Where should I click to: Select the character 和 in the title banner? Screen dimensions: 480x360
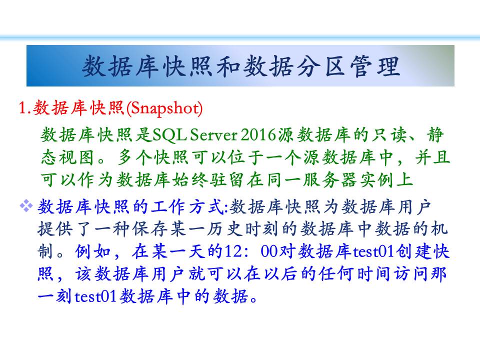pyautogui.click(x=229, y=66)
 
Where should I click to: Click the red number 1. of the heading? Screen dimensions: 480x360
pyautogui.click(x=25, y=108)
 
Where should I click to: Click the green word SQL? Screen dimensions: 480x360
pyautogui.click(x=169, y=134)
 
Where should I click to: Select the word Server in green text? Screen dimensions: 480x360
pyautogui.click(x=213, y=134)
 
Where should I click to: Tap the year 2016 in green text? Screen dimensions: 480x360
pyautogui.click(x=258, y=134)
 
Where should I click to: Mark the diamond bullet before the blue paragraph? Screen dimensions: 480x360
pyautogui.click(x=26, y=205)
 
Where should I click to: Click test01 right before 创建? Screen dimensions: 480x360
pyautogui.click(x=373, y=251)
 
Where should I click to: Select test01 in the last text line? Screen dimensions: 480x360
pyautogui.click(x=95, y=296)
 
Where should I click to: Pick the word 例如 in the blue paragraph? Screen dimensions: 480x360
pyautogui.click(x=93, y=251)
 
